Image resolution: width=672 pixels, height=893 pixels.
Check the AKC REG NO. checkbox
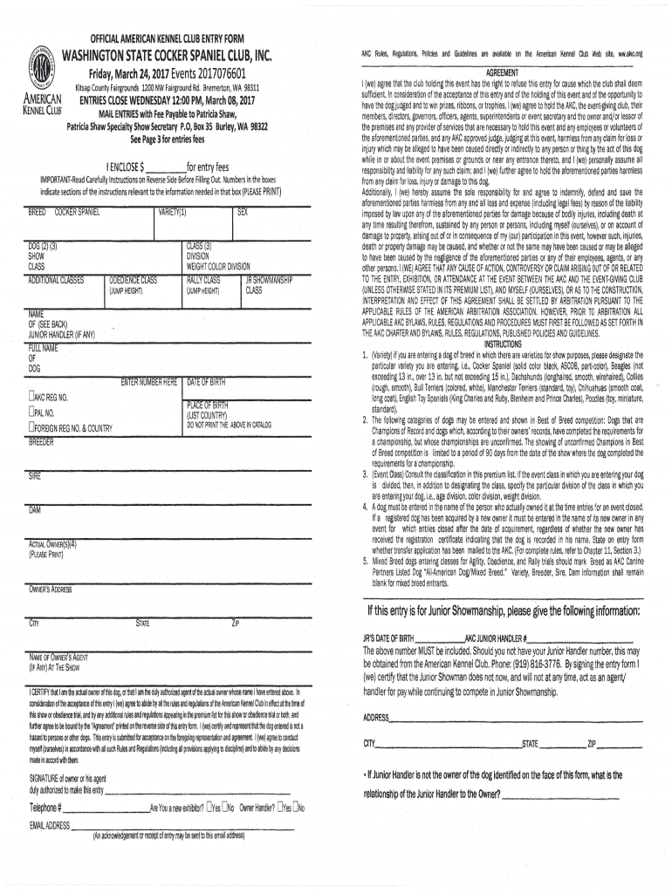tap(31, 396)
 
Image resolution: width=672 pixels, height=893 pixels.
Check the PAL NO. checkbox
tap(31, 411)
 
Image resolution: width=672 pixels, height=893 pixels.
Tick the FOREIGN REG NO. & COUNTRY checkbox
tap(31, 427)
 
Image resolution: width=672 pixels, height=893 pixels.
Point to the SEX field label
tap(243, 212)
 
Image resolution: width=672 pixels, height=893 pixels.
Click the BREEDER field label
tap(41, 442)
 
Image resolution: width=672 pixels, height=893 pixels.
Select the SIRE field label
tap(35, 476)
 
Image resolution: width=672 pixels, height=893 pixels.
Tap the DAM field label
tap(35, 508)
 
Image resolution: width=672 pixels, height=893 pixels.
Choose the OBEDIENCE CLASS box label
tap(133, 281)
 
